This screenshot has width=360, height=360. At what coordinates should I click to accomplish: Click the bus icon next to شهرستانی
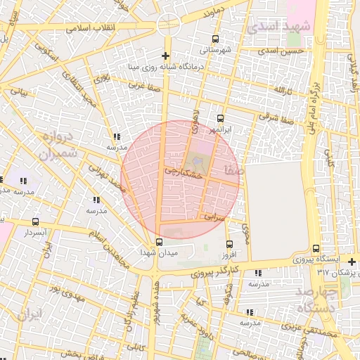pos(216,39)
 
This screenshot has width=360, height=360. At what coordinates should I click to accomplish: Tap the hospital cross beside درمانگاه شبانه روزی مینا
pos(165,56)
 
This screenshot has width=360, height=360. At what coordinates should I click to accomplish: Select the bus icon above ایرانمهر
pos(221,118)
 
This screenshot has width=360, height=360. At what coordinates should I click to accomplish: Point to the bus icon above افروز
pos(229,243)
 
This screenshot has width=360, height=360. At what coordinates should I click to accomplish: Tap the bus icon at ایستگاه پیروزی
pos(316,248)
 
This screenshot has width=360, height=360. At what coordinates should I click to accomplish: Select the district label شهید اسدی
pos(276,26)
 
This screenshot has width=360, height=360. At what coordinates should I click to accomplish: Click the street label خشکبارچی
pos(184,171)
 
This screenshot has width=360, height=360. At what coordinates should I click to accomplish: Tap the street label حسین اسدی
pos(281,51)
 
